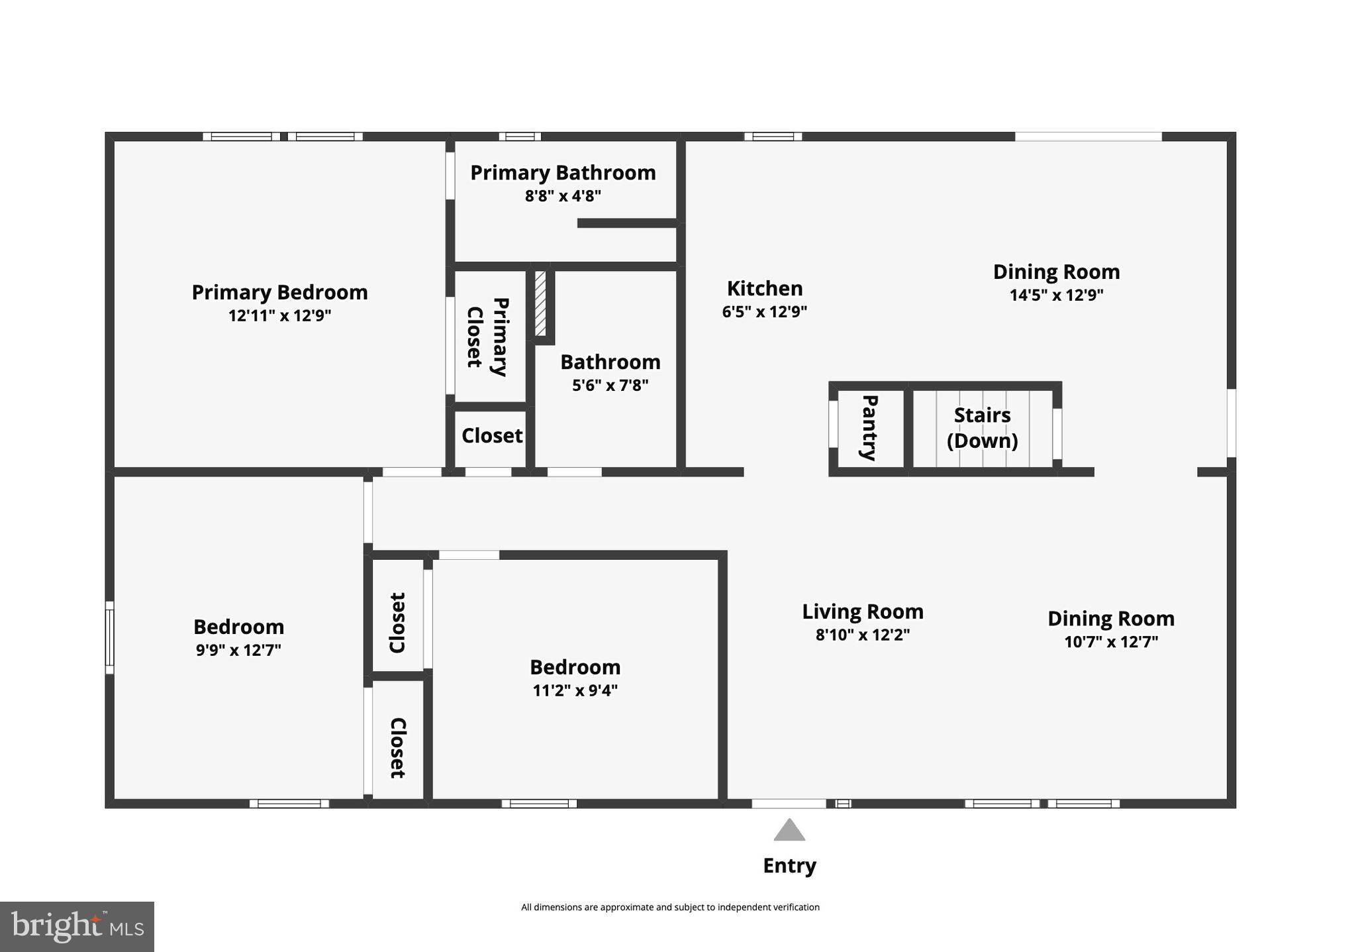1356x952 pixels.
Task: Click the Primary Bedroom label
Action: [x=279, y=292]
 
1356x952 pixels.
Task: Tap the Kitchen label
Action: [x=765, y=288]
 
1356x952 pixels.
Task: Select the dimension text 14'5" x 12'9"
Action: [x=1056, y=295]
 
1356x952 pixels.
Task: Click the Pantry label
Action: [x=869, y=427]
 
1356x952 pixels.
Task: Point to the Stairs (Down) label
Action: [x=982, y=428]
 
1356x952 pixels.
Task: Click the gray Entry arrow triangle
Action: [x=789, y=829]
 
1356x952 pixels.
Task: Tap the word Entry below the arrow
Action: [x=789, y=866]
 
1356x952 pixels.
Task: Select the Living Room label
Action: [x=863, y=611]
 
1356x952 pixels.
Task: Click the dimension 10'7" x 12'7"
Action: [x=1111, y=642]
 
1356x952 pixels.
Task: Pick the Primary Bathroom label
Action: [x=563, y=173]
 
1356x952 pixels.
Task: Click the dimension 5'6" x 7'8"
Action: [x=610, y=385]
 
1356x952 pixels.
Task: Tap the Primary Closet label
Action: [x=488, y=337]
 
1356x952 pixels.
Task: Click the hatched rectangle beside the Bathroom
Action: [x=540, y=303]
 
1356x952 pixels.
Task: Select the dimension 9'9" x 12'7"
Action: [x=238, y=650]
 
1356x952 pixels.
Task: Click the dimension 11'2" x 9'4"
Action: [x=575, y=690]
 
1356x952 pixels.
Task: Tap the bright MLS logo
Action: [x=77, y=926]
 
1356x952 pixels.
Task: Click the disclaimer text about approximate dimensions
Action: [x=670, y=907]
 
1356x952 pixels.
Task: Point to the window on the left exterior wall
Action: [x=110, y=638]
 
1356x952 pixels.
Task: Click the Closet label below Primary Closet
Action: [x=492, y=435]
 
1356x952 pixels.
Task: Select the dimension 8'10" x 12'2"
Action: [x=863, y=635]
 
